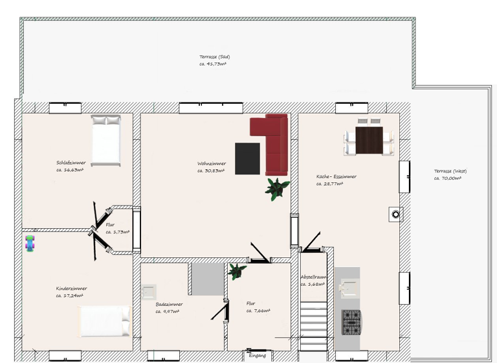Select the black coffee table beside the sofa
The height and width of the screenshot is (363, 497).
point(247,158)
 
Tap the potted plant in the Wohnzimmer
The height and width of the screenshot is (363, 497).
point(277,189)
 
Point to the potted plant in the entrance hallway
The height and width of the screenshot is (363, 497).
point(237,270)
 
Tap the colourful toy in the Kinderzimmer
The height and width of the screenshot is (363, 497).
point(30,244)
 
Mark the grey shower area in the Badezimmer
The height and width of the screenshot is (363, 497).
point(207,279)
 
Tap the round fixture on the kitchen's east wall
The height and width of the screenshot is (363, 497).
point(395,214)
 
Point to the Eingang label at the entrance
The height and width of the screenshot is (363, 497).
point(258,355)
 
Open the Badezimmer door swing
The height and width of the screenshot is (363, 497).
point(221,311)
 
